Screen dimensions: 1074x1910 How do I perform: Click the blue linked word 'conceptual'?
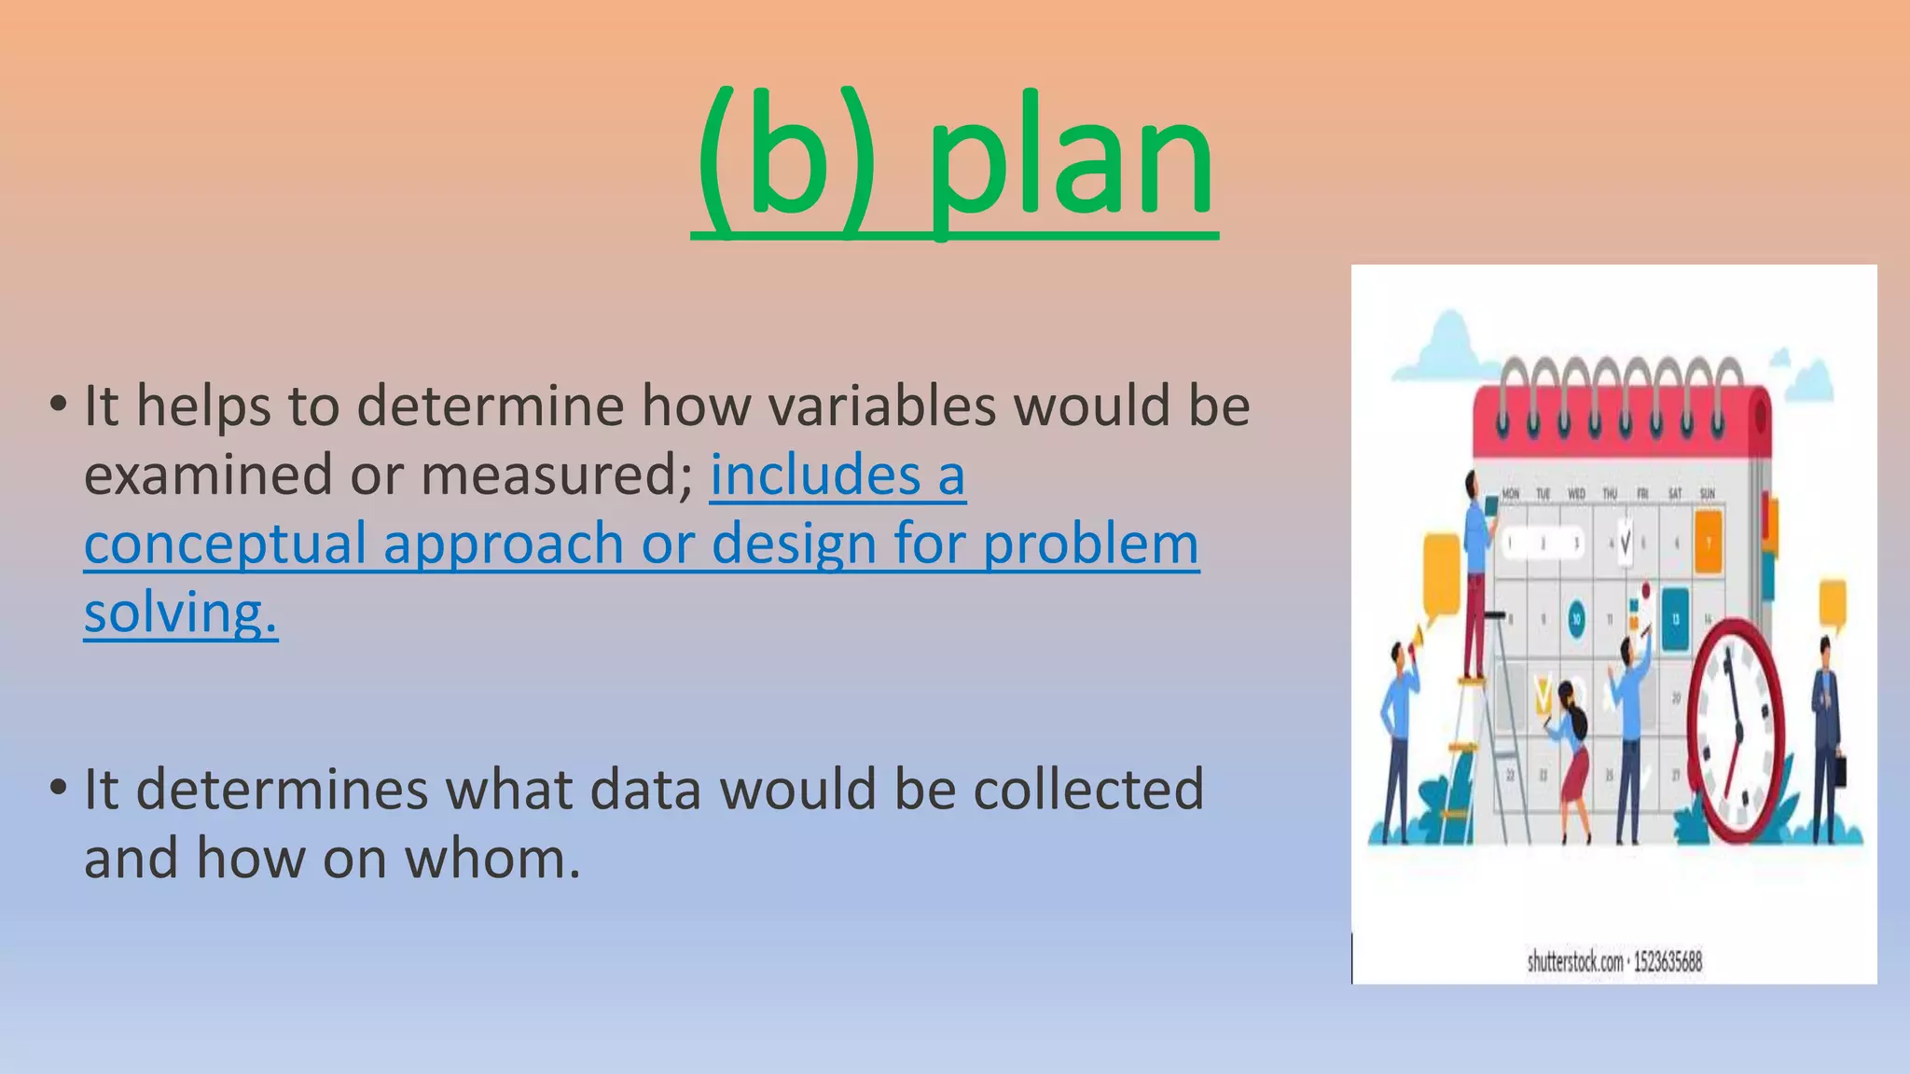[x=225, y=544]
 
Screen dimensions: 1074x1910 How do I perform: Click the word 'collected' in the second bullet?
[x=1088, y=789]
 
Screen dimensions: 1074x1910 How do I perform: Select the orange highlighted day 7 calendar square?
[x=1707, y=541]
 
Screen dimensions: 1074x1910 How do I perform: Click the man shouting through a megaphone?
[x=1397, y=737]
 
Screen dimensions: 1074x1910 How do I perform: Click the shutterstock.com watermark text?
[x=1613, y=961]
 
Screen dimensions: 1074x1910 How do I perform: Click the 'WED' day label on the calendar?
[x=1576, y=493]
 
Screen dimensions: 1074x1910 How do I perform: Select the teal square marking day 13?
[x=1675, y=618]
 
